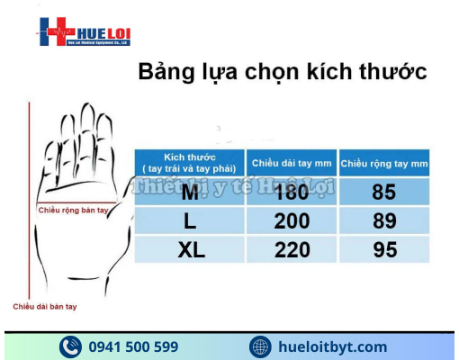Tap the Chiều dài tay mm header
click(292, 163)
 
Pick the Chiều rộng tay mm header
click(384, 163)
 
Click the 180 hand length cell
click(292, 192)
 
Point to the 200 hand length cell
click(292, 220)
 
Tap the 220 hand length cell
click(292, 250)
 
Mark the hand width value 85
click(384, 192)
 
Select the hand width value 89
click(384, 220)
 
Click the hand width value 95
click(384, 250)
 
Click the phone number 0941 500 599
click(133, 346)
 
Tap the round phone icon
click(71, 346)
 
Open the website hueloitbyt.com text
click(333, 346)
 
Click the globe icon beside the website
click(260, 346)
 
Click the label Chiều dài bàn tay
click(45, 307)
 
